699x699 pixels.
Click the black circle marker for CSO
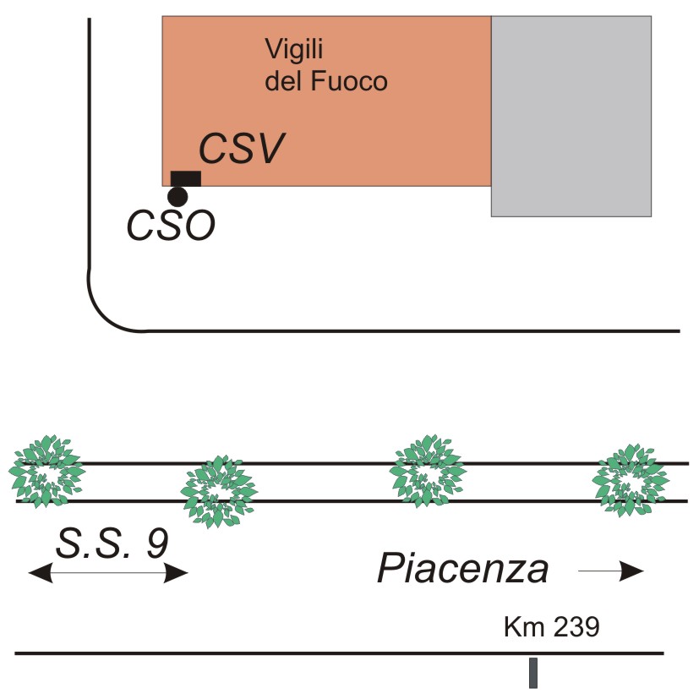(177, 197)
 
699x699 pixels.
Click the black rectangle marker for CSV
(186, 177)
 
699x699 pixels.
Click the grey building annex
(571, 116)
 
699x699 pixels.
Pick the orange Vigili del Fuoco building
(338, 127)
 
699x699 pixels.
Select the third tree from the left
(427, 470)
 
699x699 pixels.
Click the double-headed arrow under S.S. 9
(108, 574)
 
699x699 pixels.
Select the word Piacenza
(463, 570)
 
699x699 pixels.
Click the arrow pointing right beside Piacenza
(611, 573)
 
